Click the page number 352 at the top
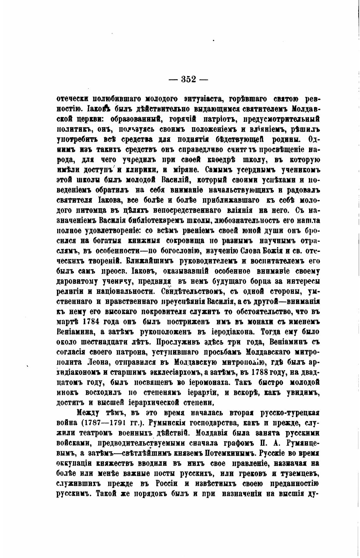189,79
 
